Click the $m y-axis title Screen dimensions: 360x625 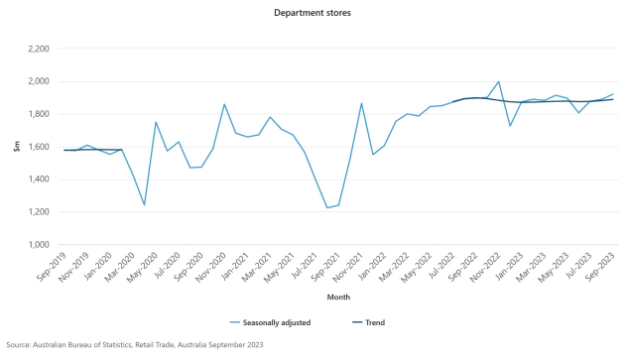coord(16,147)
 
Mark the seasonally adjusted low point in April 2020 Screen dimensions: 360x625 coord(145,205)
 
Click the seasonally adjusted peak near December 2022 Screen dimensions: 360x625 coord(497,82)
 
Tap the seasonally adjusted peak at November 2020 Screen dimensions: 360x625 coord(224,104)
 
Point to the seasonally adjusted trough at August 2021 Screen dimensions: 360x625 coord(326,208)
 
